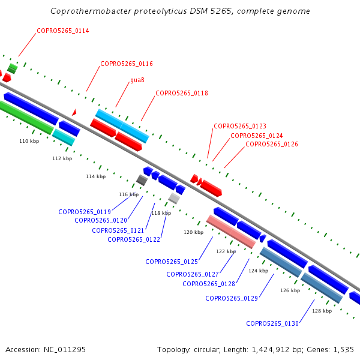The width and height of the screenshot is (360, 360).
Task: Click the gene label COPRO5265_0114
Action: [x=63, y=31]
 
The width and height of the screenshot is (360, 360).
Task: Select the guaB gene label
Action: [x=137, y=80]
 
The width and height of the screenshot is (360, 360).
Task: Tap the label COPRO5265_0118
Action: [x=182, y=93]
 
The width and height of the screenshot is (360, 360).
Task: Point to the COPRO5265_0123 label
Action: [x=240, y=126]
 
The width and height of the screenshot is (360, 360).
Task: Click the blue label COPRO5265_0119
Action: [x=85, y=212]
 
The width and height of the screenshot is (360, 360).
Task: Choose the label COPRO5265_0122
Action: [x=134, y=239]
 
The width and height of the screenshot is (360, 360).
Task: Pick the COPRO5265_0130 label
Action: [x=272, y=323]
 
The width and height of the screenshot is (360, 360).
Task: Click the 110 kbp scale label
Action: [x=29, y=141]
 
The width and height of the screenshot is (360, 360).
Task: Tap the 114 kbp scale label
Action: [x=96, y=176]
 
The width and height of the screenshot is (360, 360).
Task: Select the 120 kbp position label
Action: [x=194, y=232]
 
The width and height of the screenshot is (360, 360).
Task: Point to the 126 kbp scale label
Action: [x=290, y=290]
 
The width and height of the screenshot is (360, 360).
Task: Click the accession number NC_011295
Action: [x=65, y=350]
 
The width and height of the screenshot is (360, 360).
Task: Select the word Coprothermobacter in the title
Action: [x=91, y=11]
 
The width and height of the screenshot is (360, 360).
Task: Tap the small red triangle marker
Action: [x=74, y=113]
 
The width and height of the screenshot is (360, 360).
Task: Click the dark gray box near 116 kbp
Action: [x=142, y=180]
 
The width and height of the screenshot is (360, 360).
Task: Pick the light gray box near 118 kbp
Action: [x=174, y=198]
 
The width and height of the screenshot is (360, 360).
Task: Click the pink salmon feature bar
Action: [x=231, y=232]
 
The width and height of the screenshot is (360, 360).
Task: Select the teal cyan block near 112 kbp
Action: [x=64, y=137]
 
